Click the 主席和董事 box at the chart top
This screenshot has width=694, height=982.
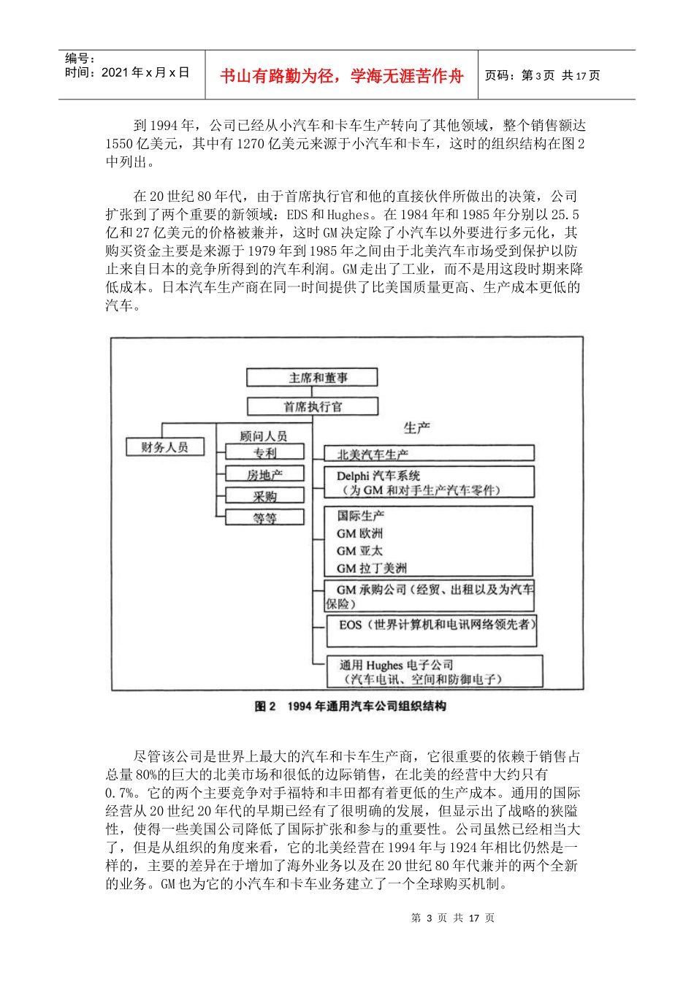click(312, 378)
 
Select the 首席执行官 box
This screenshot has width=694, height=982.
click(312, 406)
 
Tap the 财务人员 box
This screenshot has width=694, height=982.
click(164, 446)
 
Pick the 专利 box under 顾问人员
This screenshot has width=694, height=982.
click(264, 453)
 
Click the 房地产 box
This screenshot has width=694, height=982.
click(264, 475)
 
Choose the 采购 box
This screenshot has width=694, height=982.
click(264, 496)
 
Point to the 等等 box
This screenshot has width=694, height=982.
click(264, 518)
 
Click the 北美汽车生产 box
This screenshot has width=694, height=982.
click(429, 454)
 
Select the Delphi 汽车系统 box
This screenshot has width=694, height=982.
click(429, 483)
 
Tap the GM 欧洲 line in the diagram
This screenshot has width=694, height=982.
click(359, 533)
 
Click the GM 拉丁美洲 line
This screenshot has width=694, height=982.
click(371, 568)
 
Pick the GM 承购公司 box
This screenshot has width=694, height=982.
click(429, 596)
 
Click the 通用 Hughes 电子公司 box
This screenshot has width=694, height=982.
click(433, 671)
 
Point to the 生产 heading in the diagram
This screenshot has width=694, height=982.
click(417, 427)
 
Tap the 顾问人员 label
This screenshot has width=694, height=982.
click(264, 436)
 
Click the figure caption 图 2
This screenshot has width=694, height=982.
click(350, 707)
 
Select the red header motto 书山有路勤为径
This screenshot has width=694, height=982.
click(341, 76)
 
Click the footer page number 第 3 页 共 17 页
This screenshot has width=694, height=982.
click(453, 918)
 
